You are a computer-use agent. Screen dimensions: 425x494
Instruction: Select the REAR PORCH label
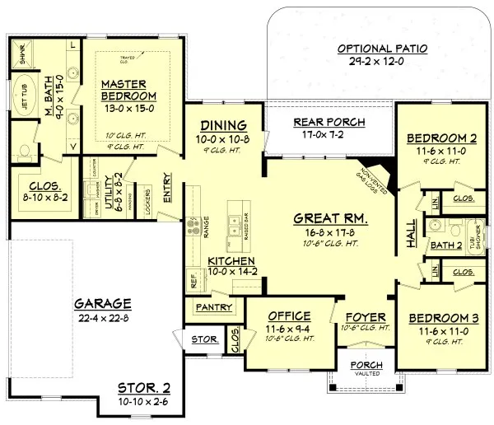click(x=329, y=123)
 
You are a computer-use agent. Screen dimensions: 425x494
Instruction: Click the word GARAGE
click(x=102, y=301)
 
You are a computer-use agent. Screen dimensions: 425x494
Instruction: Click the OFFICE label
click(x=288, y=316)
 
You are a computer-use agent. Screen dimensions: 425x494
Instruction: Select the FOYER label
click(x=361, y=316)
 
